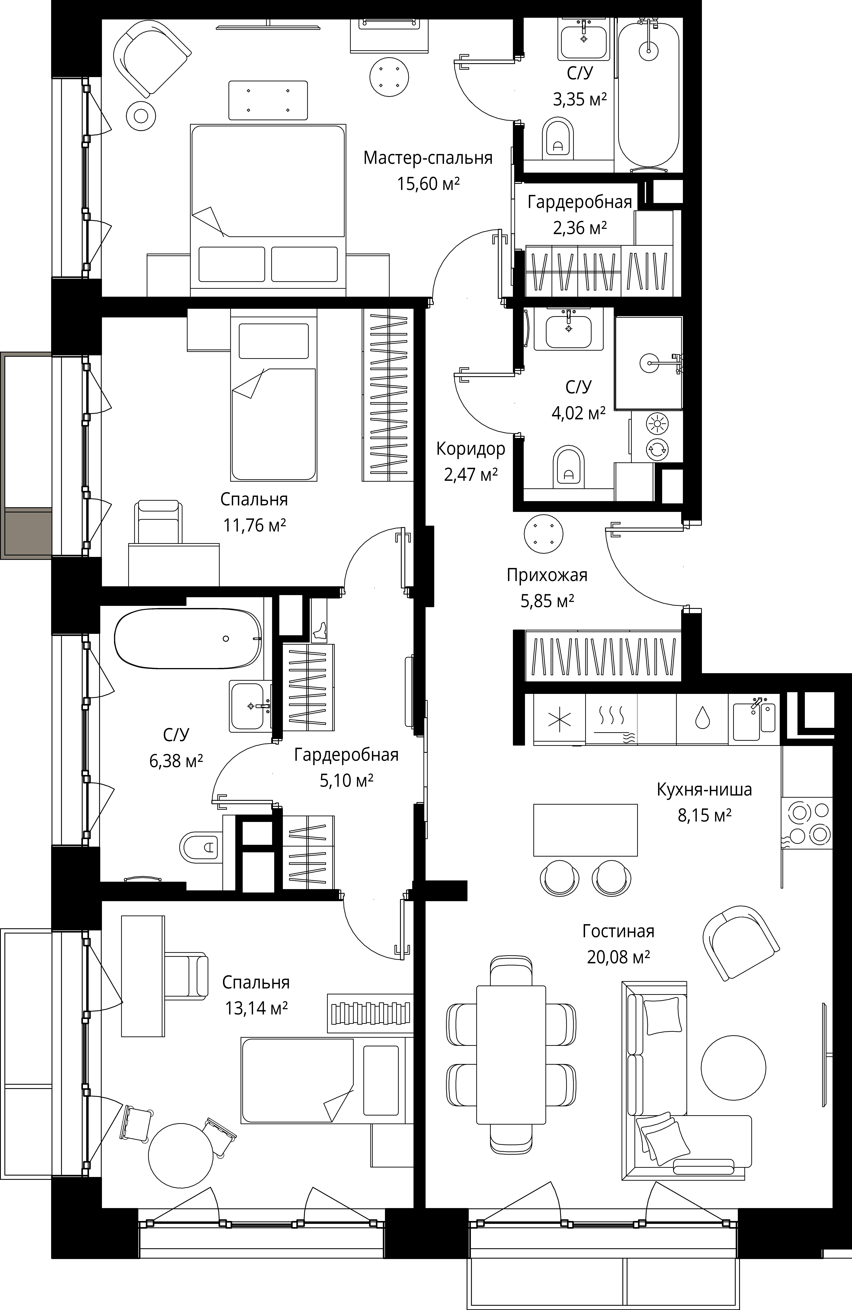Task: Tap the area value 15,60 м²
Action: [x=428, y=183]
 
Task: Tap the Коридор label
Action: [x=471, y=449]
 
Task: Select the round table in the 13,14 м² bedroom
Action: [x=181, y=1154]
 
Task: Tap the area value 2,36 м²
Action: [x=580, y=227]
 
